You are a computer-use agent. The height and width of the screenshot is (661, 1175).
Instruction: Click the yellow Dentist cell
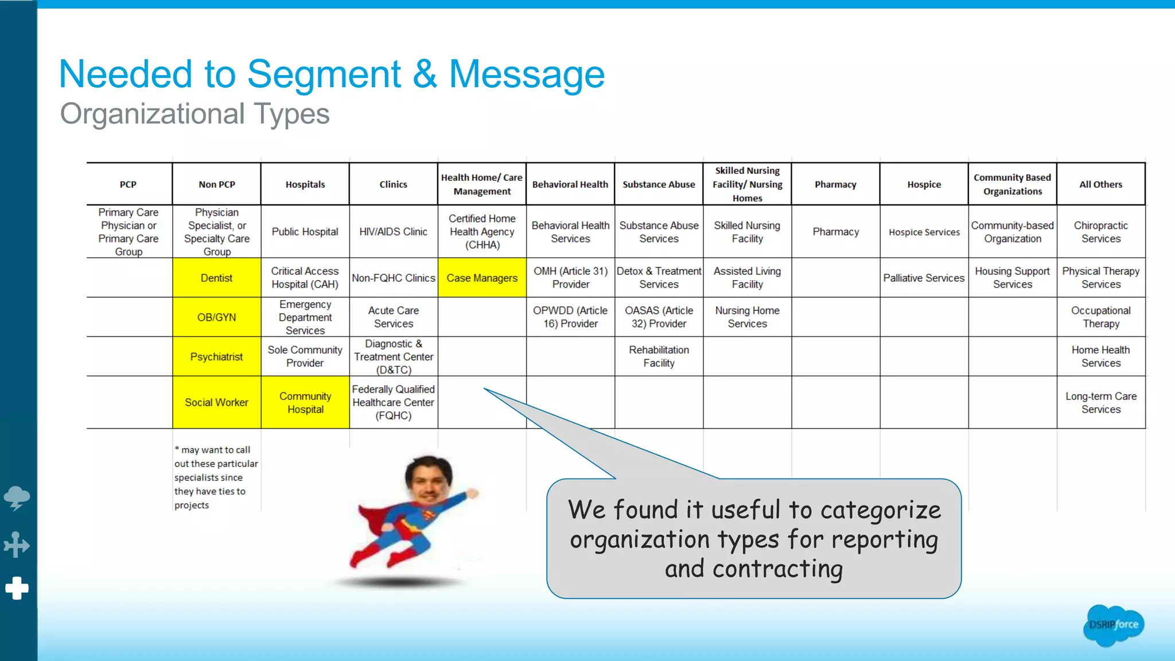point(216,278)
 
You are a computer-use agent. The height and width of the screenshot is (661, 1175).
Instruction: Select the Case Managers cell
point(482,278)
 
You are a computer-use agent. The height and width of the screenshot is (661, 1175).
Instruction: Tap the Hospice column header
point(924,184)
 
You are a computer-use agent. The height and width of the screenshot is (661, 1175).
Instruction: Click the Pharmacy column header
point(835,184)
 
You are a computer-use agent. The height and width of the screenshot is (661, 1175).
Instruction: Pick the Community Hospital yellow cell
point(305,402)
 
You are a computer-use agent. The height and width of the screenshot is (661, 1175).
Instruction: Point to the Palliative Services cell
point(924,278)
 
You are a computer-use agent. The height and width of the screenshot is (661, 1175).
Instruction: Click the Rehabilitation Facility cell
point(659,356)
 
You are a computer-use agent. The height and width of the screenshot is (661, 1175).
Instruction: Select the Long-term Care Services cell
point(1100,402)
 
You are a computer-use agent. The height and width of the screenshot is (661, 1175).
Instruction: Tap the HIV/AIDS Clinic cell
point(393,232)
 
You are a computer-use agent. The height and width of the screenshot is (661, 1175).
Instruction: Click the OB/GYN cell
point(216,317)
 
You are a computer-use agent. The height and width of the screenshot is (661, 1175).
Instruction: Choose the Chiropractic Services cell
point(1100,232)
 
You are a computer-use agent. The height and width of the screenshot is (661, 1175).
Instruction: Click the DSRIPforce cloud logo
point(1113,625)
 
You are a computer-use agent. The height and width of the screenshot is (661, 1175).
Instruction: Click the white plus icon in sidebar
point(17,588)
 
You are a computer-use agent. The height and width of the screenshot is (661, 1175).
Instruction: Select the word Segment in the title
point(324,75)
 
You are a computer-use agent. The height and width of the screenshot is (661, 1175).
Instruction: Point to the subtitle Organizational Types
point(194,114)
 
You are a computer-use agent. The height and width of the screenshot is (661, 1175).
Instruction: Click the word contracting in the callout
point(777,569)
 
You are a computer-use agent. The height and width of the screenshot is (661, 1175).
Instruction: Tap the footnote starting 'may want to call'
point(215,477)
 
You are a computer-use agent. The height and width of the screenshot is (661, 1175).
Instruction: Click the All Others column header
point(1100,184)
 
